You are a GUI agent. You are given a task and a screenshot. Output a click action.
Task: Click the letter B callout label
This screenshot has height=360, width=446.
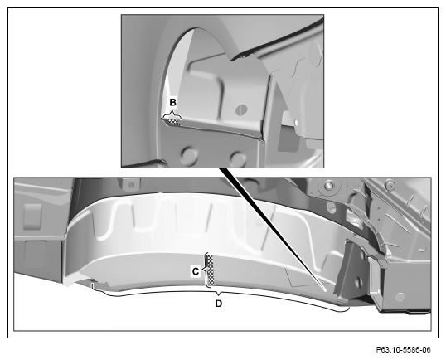pyautogui.click(x=173, y=102)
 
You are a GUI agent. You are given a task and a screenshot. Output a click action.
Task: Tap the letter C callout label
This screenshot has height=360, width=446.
pyautogui.click(x=196, y=272)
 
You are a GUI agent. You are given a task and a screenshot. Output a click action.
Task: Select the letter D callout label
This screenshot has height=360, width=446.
pyautogui.click(x=219, y=304)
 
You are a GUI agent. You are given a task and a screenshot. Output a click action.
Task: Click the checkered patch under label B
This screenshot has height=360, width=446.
pyautogui.click(x=173, y=122)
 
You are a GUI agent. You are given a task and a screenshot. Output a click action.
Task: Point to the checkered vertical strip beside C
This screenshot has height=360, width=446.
pyautogui.click(x=211, y=270)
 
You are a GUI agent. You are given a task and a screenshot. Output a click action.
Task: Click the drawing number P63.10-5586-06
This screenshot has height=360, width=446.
pyautogui.click(x=404, y=349)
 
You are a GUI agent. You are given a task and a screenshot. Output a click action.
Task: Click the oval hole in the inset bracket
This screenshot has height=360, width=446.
pyautogui.click(x=242, y=109)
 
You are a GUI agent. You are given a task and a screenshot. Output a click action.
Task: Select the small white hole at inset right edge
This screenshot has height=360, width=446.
pyautogui.click(x=296, y=123)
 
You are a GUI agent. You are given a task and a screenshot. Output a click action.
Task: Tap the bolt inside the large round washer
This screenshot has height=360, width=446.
pyautogui.click(x=329, y=186)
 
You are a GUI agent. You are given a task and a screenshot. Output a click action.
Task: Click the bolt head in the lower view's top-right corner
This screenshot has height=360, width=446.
pyautogui.click(x=389, y=185)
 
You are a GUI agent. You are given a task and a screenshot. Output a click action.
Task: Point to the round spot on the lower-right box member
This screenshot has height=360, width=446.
pyautogui.click(x=400, y=297)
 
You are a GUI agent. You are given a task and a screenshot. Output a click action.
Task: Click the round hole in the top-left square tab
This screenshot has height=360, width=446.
pyautogui.click(x=131, y=185)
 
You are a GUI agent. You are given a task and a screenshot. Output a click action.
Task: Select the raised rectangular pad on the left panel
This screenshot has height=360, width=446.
pyautogui.click(x=32, y=216)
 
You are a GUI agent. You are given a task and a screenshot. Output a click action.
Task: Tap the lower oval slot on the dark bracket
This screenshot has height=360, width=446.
pyautogui.click(x=359, y=282)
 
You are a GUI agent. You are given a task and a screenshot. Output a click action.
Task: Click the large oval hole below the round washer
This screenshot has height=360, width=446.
pyautogui.click(x=331, y=207)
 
